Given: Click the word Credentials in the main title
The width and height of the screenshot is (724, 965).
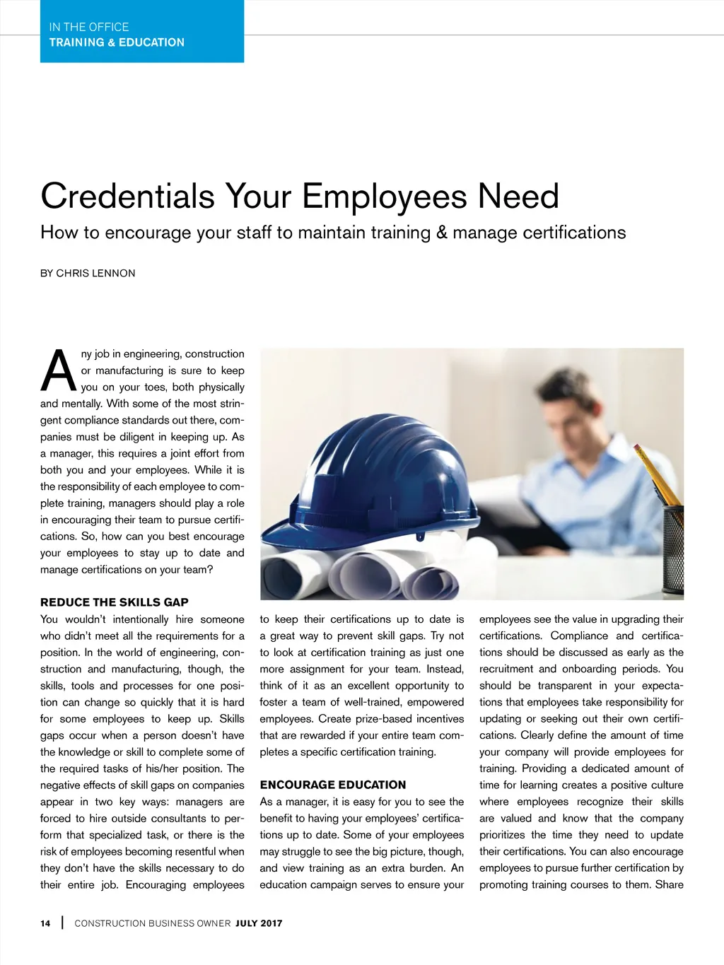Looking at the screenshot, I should point(127,197).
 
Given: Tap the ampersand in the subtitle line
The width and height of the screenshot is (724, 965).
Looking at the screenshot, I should point(442,233).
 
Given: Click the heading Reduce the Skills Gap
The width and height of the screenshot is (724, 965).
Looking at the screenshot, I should point(115,602).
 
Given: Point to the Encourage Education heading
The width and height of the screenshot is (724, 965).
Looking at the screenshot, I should point(333,785).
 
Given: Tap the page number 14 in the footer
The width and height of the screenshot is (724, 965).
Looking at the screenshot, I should point(45,923).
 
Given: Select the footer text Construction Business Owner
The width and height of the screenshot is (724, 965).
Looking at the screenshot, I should point(153,923).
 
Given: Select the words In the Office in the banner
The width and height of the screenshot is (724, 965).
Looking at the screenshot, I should point(89,28).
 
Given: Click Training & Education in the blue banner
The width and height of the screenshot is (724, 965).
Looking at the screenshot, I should point(117,42).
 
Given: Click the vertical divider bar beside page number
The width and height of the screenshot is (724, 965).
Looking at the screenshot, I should point(63,923).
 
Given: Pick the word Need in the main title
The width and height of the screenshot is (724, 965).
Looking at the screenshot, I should point(518,197).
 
